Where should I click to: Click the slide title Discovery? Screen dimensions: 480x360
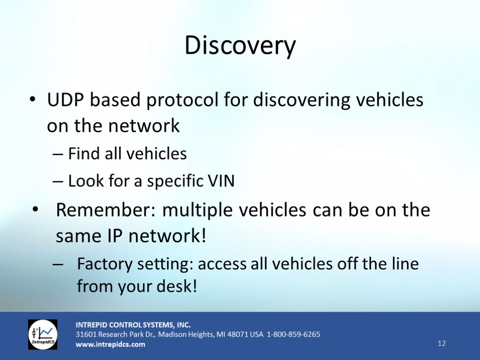(x=240, y=46)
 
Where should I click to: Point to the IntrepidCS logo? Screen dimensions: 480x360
(x=43, y=334)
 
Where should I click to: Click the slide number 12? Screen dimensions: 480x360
(x=442, y=343)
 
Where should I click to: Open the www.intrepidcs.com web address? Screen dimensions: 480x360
(x=111, y=344)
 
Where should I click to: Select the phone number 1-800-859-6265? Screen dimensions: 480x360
(x=293, y=334)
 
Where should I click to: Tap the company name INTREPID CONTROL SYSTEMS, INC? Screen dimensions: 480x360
(x=133, y=325)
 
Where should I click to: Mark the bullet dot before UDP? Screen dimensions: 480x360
(x=32, y=99)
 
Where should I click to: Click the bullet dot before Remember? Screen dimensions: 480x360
(x=36, y=210)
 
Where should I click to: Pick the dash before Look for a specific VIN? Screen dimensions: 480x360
(x=58, y=181)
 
